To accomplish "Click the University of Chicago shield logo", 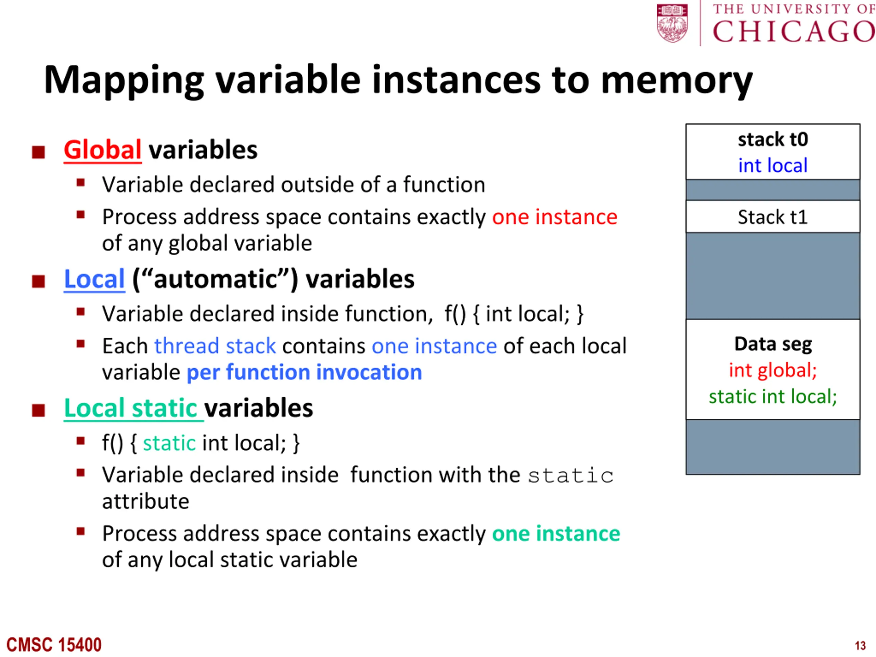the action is pos(672,23).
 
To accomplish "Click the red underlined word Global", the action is pos(103,151).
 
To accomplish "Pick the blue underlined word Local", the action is pos(95,279).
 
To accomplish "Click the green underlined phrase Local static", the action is pos(133,408).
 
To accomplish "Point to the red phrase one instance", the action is pos(554,217).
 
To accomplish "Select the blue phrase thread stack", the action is pos(215,346).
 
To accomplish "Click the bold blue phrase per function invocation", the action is pos(304,373).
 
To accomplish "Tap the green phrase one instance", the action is pos(556,534).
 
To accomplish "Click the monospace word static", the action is pos(571,476).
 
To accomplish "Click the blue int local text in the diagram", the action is pos(773,166).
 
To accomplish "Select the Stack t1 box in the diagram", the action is pos(773,217).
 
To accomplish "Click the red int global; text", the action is pos(773,371).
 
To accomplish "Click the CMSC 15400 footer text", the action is pos(54,645).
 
